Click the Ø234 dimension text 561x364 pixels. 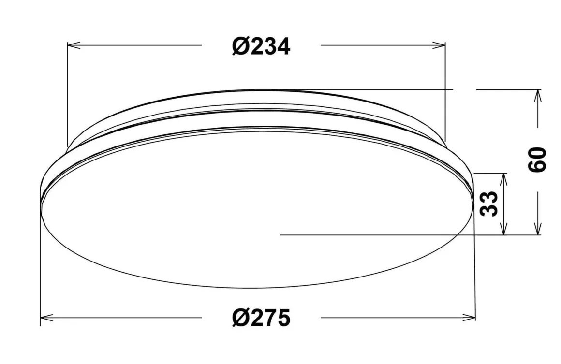[x=261, y=46]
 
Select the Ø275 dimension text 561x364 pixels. [x=261, y=318]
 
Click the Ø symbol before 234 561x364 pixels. [x=240, y=46]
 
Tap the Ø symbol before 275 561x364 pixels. [x=240, y=318]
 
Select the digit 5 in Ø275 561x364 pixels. [x=283, y=318]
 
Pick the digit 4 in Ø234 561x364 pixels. [x=283, y=46]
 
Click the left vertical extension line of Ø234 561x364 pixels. [x=67, y=97]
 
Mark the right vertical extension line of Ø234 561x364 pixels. [x=445, y=87]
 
